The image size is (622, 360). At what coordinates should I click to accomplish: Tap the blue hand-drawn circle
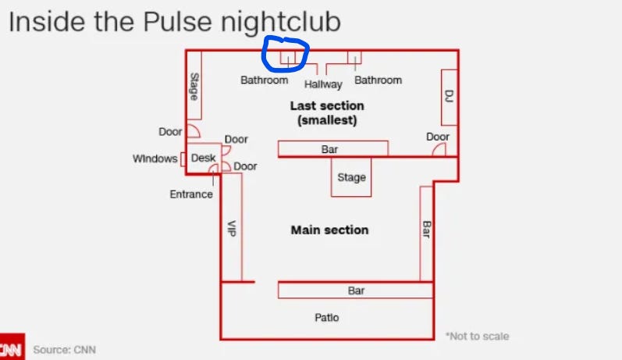(286, 54)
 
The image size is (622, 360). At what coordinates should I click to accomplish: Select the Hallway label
(323, 84)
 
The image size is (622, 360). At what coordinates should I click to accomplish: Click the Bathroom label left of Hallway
(264, 80)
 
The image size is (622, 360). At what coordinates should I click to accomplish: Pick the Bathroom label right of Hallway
(378, 80)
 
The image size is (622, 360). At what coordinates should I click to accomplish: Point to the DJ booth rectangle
(449, 97)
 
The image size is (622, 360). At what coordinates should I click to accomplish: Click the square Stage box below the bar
(351, 177)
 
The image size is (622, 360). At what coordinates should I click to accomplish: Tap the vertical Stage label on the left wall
(194, 87)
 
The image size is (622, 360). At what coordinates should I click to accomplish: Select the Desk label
(203, 158)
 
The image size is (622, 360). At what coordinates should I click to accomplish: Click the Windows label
(155, 159)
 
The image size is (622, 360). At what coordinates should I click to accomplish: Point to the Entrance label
(191, 194)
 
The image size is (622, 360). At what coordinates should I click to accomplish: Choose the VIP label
(231, 228)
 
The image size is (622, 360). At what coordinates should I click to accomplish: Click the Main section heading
(329, 230)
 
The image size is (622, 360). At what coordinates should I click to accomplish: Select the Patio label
(327, 318)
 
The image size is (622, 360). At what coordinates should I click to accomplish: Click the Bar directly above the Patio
(356, 290)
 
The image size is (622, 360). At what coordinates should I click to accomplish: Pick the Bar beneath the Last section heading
(330, 148)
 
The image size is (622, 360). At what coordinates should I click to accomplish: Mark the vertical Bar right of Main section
(426, 230)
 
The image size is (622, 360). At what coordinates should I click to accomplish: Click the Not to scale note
(478, 337)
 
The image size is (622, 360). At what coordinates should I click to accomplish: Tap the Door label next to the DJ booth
(438, 137)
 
